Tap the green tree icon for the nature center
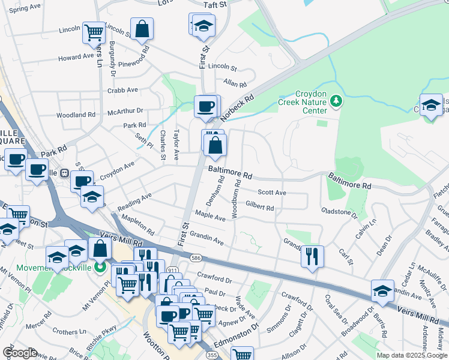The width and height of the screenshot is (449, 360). (336, 101)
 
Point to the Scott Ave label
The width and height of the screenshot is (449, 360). (271, 193)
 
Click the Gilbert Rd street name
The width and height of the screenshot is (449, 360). (259, 208)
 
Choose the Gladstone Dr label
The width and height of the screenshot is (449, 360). (339, 212)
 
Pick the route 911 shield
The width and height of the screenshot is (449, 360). (173, 271)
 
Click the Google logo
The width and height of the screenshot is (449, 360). (20, 352)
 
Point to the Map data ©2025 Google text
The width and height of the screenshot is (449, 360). (412, 355)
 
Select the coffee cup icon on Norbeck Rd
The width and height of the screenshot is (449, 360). (205, 106)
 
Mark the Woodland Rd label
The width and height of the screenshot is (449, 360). (76, 115)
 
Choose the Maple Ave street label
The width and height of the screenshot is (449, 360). (210, 217)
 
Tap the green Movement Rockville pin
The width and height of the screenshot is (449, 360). (100, 266)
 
